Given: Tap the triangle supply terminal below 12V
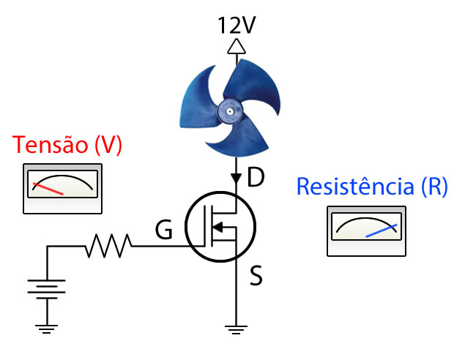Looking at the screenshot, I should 236,47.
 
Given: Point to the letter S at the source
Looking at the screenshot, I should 256,277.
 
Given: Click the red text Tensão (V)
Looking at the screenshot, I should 67,144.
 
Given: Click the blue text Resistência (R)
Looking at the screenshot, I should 372,187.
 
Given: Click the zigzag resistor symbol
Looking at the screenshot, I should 108,246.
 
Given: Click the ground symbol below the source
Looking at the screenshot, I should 235,329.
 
